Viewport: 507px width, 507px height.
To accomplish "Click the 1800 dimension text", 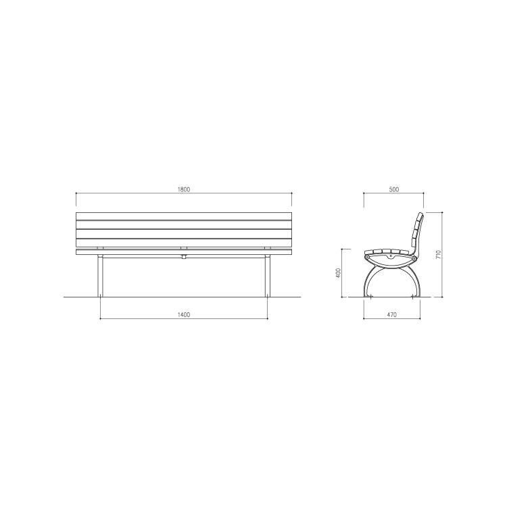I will (184, 190).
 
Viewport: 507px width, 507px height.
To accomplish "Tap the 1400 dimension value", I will (184, 314).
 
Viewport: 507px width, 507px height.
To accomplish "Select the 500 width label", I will (394, 190).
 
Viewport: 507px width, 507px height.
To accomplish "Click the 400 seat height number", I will (338, 273).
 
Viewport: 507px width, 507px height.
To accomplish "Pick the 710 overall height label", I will (439, 255).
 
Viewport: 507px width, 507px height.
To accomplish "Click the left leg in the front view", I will (101, 276).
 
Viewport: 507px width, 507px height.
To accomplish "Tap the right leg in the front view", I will (267, 276).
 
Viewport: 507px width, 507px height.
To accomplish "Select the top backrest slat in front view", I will (184, 216).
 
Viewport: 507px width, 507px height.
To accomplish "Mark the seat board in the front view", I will (184, 251).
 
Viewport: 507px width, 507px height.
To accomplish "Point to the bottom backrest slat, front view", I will (184, 242).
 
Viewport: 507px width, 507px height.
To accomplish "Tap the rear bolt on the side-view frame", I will (414, 258).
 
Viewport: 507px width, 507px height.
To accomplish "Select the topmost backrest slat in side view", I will (420, 218).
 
